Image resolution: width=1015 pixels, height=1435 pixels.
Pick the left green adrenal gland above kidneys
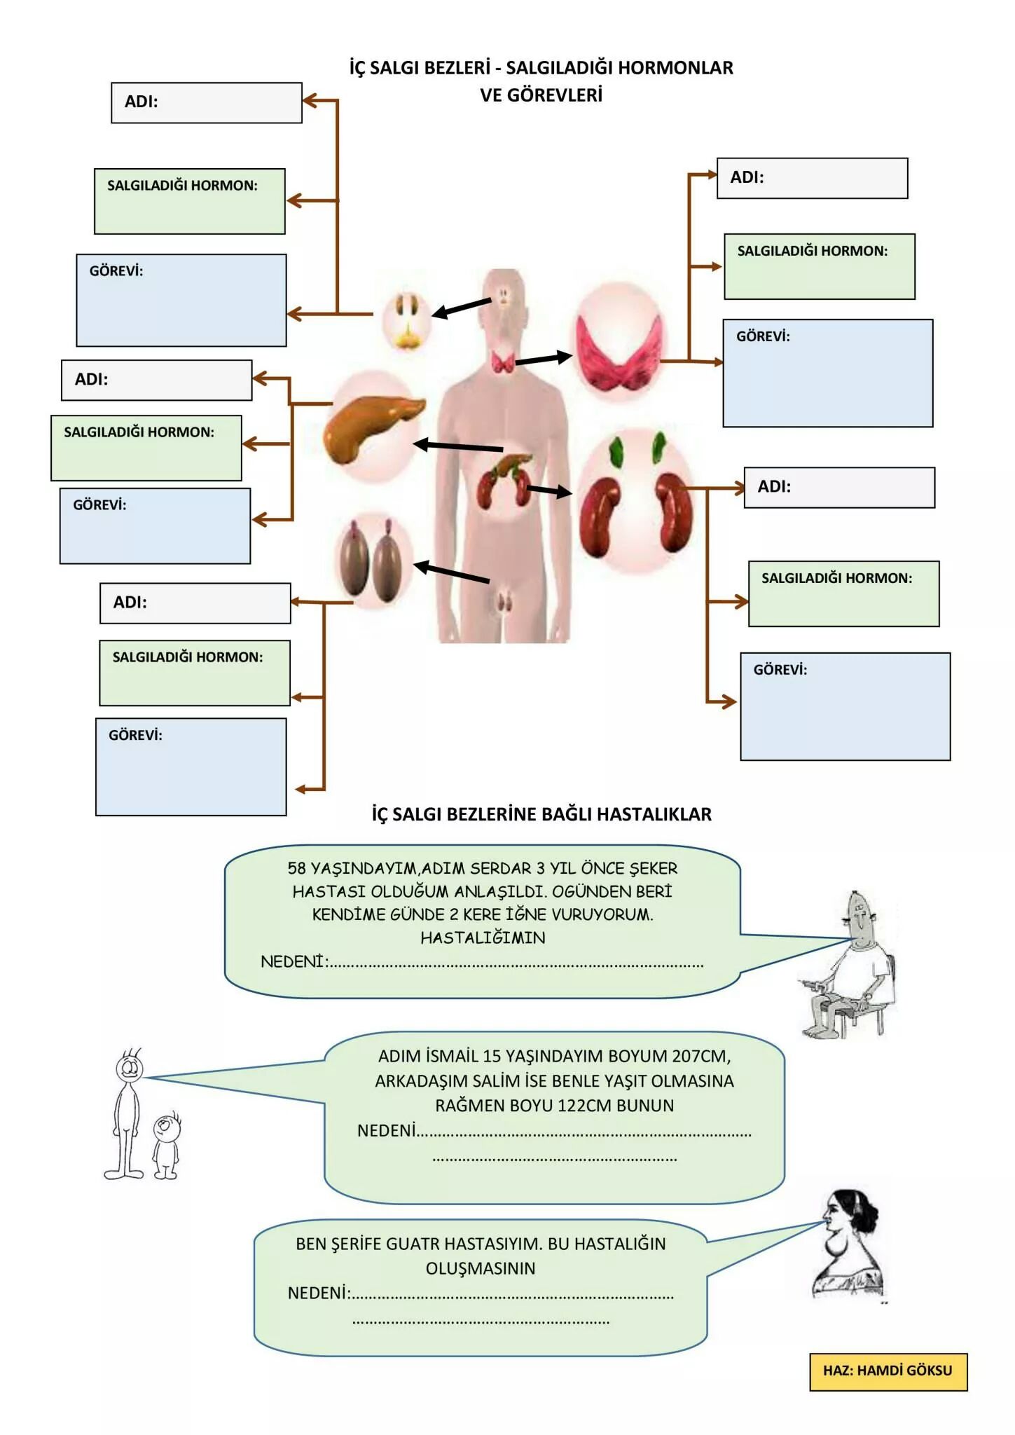(x=616, y=452)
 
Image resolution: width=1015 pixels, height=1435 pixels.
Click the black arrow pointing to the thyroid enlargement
(x=544, y=359)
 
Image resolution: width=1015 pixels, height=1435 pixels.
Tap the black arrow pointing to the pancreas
(x=458, y=446)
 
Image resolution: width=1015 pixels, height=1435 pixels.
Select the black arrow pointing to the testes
(x=452, y=572)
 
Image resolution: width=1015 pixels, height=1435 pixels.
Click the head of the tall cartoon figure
(x=129, y=1068)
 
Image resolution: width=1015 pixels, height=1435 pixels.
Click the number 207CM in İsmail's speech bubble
(x=700, y=1056)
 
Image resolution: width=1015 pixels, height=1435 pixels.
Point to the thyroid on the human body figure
(x=503, y=362)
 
